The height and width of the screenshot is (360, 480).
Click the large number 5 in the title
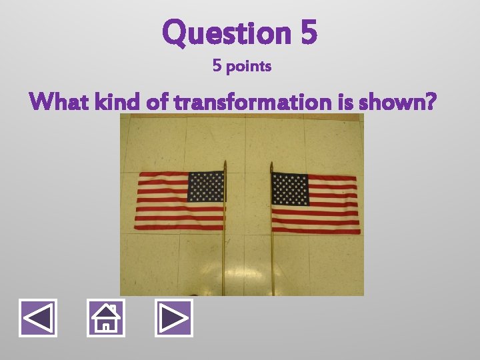coord(308,32)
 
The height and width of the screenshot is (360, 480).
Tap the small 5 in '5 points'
coord(217,67)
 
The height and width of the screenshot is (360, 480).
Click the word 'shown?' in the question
coord(397,103)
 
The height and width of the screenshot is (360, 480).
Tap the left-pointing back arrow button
coord(37,317)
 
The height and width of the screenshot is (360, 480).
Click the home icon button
coord(105,317)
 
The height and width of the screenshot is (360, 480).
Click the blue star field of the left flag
coord(205,187)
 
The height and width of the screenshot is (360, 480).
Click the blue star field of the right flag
coord(290,189)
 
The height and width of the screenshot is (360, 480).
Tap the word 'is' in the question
coord(344,103)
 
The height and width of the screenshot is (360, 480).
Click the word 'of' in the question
coord(151,103)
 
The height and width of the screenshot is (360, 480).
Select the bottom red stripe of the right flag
coord(316,231)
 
